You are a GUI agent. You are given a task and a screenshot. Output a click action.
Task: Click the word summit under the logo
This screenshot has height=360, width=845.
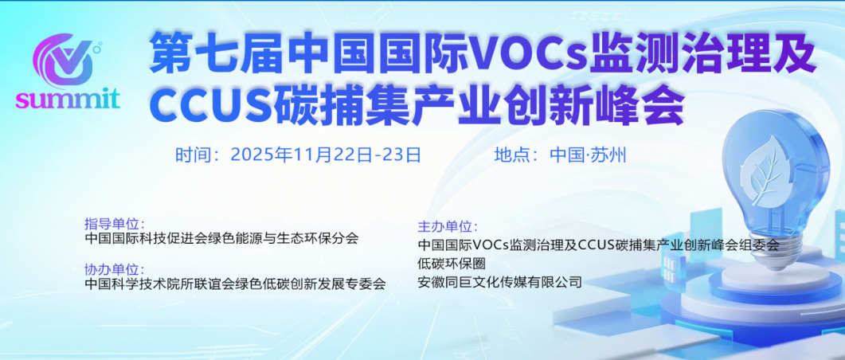(x=68, y=100)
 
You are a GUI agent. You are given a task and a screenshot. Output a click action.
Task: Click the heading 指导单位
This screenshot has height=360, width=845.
(x=113, y=223)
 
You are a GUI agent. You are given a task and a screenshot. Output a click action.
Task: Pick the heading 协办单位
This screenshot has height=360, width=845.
(x=113, y=269)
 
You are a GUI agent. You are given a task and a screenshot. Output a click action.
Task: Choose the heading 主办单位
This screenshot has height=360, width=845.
(x=446, y=227)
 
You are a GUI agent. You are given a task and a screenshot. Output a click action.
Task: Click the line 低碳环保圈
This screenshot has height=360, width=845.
(x=451, y=264)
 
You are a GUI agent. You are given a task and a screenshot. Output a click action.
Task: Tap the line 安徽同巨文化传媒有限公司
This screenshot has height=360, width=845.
(x=499, y=281)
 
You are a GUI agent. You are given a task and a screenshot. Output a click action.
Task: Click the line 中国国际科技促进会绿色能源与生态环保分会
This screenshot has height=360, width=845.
(x=221, y=237)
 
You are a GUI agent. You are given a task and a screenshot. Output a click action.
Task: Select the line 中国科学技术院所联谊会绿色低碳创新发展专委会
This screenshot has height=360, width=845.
(x=235, y=284)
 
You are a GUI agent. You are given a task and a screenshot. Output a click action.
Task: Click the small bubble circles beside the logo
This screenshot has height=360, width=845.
(x=97, y=49)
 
